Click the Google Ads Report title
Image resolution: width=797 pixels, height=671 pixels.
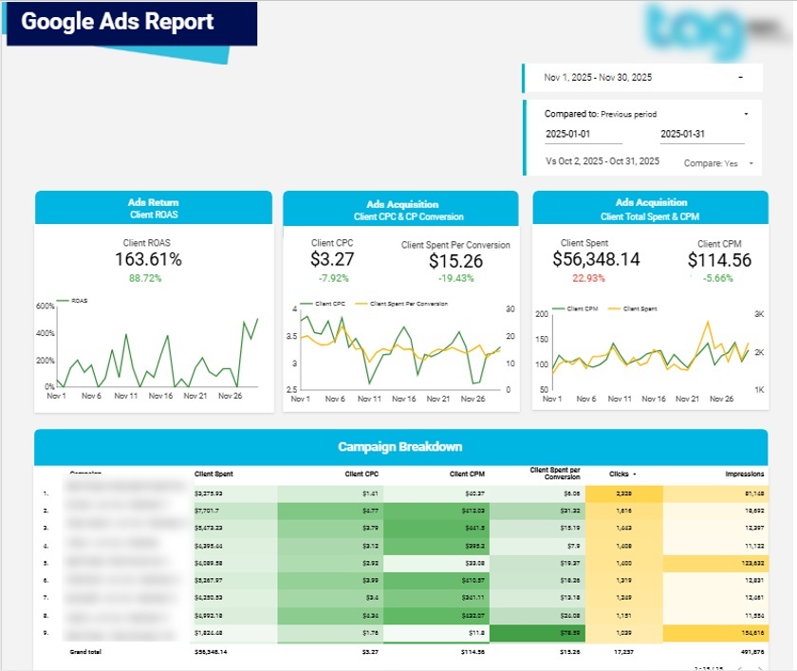118,22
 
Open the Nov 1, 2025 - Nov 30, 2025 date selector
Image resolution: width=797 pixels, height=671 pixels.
642,78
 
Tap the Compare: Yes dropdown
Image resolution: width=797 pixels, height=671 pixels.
720,163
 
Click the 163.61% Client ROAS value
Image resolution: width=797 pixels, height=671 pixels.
148,259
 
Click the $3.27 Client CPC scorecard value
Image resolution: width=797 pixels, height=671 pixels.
332,259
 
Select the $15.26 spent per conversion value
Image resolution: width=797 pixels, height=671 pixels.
455,261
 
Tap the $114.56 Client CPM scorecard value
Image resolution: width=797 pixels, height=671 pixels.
719,260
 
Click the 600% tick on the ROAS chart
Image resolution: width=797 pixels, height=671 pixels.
46,306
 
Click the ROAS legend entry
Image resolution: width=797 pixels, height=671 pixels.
76,300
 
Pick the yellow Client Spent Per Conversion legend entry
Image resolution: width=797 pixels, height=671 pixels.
404,304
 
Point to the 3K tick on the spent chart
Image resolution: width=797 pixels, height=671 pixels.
759,314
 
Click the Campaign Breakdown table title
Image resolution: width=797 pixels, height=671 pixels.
400,447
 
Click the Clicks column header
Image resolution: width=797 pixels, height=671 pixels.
621,473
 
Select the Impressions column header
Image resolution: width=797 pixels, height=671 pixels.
744,473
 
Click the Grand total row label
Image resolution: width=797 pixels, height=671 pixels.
84,652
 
